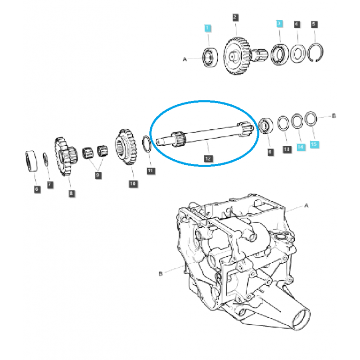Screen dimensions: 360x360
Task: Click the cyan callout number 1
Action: click(x=207, y=28)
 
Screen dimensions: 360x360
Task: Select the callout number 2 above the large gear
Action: click(x=235, y=18)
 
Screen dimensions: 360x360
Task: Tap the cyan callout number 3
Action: click(x=279, y=23)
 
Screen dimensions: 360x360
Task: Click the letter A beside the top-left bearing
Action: click(x=184, y=58)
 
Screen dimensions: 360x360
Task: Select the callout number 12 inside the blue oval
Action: click(x=207, y=158)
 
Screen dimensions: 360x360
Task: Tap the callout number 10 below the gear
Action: click(x=132, y=184)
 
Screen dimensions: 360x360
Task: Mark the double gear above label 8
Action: click(x=66, y=155)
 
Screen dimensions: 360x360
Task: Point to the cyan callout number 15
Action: click(x=314, y=144)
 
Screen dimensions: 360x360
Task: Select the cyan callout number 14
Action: click(x=300, y=146)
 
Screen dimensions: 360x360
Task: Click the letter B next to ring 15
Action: click(x=333, y=116)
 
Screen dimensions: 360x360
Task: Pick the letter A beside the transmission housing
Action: click(x=306, y=205)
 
